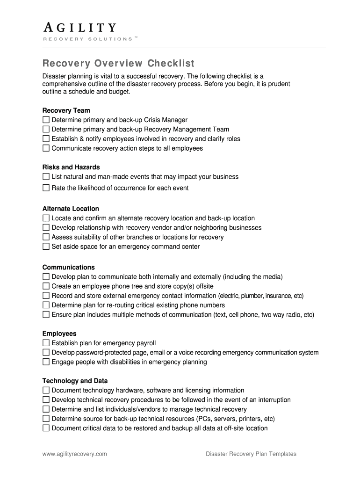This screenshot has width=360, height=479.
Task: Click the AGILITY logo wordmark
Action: [x=79, y=28]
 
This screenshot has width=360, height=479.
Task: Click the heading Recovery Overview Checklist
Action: [x=118, y=63]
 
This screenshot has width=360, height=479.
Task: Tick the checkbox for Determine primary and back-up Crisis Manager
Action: [x=46, y=120]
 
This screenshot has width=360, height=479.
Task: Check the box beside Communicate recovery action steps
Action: [x=46, y=148]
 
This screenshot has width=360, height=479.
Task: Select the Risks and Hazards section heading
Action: [x=71, y=167]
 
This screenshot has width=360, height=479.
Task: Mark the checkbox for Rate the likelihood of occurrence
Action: [x=46, y=188]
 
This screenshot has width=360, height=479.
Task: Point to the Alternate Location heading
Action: [x=71, y=209]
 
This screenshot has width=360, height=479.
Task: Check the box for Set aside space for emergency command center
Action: [x=46, y=247]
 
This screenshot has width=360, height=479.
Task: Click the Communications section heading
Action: [x=69, y=267]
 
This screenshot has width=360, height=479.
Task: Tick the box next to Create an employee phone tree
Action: [x=46, y=286]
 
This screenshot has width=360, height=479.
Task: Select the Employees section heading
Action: [x=59, y=334]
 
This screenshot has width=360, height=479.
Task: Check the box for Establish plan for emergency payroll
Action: [x=46, y=343]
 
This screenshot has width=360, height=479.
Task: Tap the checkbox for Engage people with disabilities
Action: [x=46, y=362]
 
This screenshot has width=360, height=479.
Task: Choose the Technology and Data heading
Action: [x=75, y=381]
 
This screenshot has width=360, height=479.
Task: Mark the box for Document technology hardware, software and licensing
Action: [x=46, y=390]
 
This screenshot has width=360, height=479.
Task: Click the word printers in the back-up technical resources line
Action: [x=249, y=419]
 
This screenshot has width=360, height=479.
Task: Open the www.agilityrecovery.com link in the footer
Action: [x=75, y=454]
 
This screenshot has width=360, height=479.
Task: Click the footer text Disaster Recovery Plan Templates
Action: [x=251, y=454]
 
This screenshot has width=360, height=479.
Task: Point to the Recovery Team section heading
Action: [x=66, y=110]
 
